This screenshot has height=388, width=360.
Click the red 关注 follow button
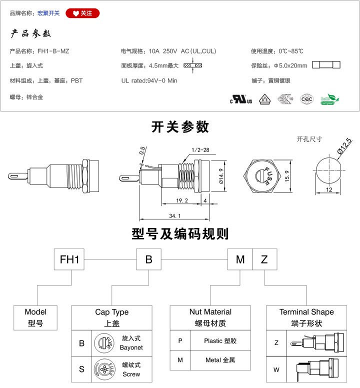[82, 13]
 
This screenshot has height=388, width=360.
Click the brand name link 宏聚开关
[48, 13]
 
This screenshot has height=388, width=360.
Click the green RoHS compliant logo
[329, 98]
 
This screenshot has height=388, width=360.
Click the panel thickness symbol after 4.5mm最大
[190, 65]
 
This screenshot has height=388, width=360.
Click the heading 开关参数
[180, 127]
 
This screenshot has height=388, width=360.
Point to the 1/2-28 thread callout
[200, 149]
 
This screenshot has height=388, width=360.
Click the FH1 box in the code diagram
[69, 259]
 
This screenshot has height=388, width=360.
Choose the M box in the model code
[240, 259]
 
